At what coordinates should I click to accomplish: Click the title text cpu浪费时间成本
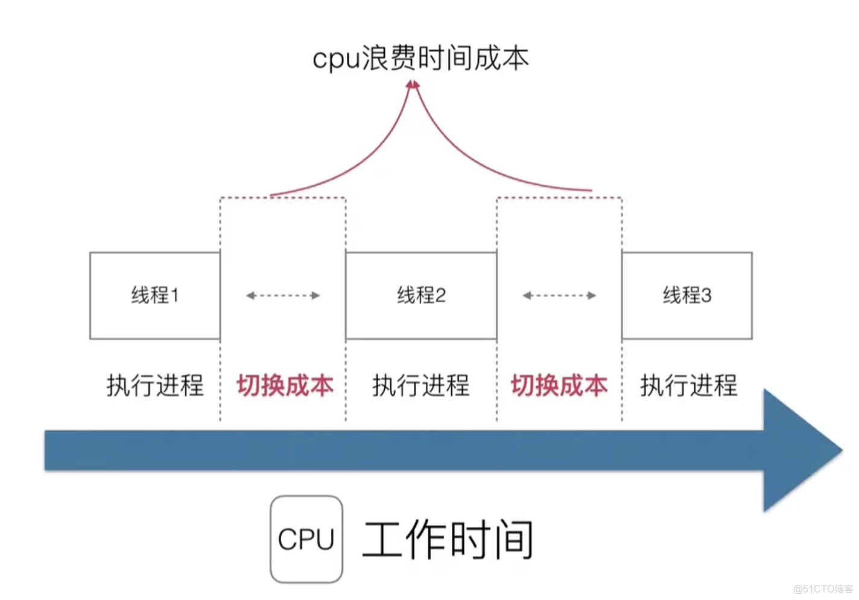click(x=420, y=59)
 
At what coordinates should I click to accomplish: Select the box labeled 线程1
click(x=155, y=295)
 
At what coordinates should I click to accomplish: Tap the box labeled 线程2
click(x=421, y=295)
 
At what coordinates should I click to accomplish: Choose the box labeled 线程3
click(x=686, y=295)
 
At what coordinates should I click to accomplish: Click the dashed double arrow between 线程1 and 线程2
click(x=283, y=295)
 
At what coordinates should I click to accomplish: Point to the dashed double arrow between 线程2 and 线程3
click(x=559, y=295)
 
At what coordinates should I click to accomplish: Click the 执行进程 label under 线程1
click(x=155, y=385)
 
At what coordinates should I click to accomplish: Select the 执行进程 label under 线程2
click(x=421, y=385)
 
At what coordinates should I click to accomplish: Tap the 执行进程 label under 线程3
click(x=688, y=385)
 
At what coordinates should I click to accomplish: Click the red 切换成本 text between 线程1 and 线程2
click(x=285, y=385)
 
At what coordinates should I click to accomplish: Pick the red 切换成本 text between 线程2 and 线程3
click(x=559, y=385)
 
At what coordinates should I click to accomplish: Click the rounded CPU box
click(x=306, y=539)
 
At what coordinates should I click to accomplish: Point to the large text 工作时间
click(x=448, y=539)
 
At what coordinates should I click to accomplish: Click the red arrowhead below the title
click(x=413, y=86)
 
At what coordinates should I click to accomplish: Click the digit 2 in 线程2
click(x=440, y=295)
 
